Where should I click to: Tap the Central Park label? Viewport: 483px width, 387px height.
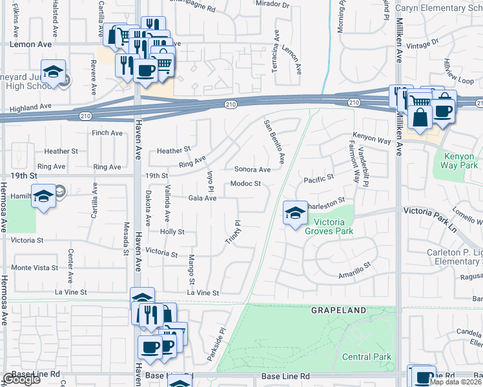pyautogui.click(x=365, y=357)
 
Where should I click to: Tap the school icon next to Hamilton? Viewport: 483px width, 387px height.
pyautogui.click(x=43, y=198)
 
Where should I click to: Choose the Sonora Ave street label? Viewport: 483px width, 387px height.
pyautogui.click(x=252, y=170)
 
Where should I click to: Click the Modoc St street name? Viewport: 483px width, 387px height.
pyautogui.click(x=245, y=184)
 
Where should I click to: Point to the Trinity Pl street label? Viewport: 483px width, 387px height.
pyautogui.click(x=237, y=233)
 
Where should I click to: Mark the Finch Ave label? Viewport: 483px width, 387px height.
pyautogui.click(x=107, y=134)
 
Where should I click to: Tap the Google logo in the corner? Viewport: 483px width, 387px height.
pyautogui.click(x=22, y=379)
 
